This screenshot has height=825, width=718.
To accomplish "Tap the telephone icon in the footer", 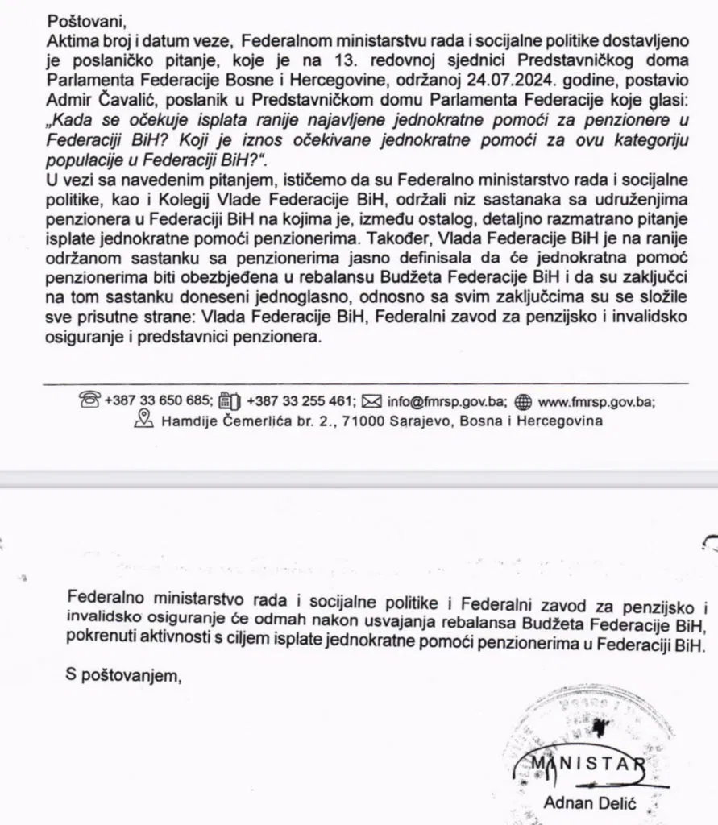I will point(89,400).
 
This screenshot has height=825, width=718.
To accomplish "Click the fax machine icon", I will point(230,400).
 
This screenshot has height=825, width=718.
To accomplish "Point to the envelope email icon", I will point(371,400).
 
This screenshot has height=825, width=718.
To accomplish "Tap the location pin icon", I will point(143,419).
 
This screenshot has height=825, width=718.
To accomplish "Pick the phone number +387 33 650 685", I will point(157,400).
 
